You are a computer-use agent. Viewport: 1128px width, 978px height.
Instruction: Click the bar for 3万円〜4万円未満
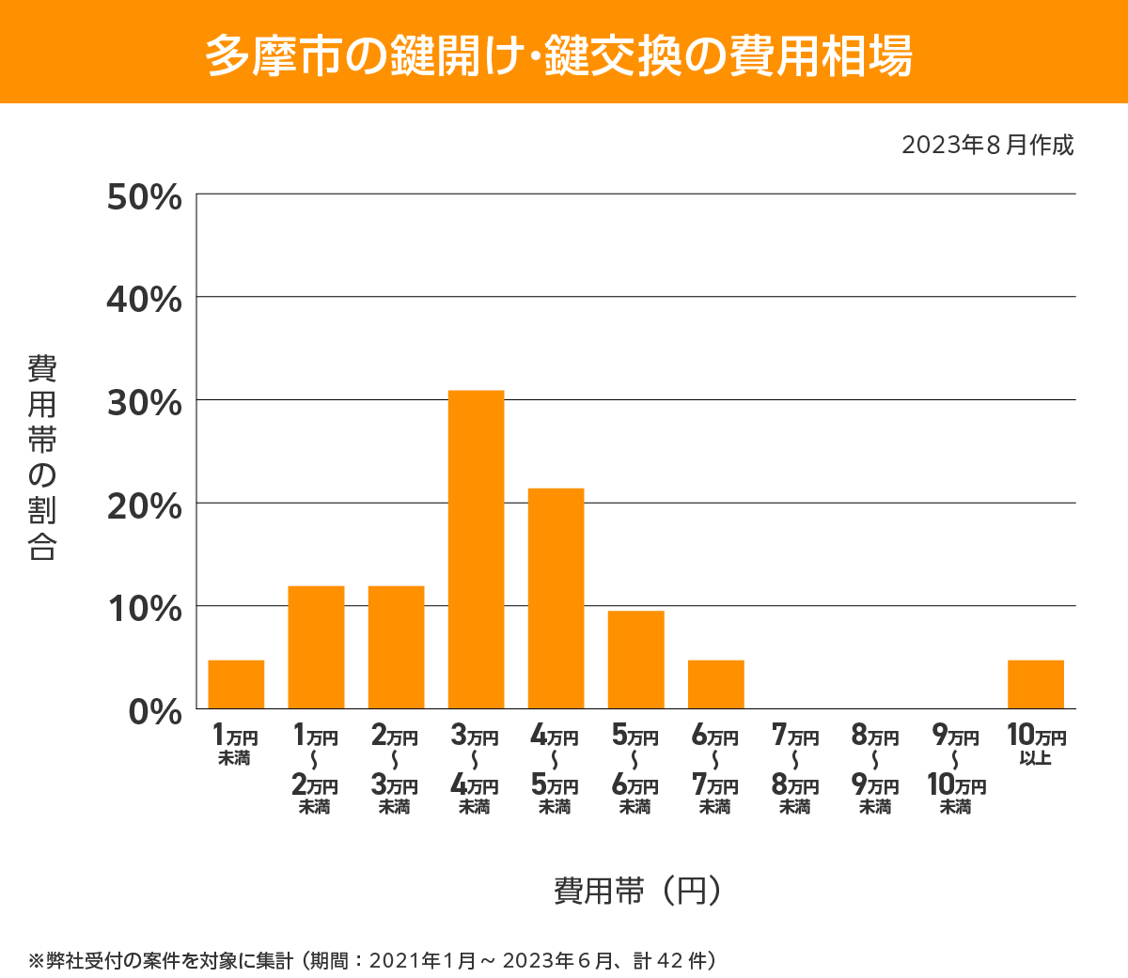click(x=476, y=550)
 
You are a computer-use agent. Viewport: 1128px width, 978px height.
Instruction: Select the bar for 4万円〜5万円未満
click(x=556, y=598)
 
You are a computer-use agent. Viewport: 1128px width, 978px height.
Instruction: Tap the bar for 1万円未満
click(x=236, y=684)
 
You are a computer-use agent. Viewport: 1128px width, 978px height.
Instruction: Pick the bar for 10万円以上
click(x=1035, y=684)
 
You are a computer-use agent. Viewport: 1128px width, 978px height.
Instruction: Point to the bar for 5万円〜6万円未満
click(x=635, y=660)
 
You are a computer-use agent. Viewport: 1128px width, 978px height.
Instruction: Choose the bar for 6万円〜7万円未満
click(x=715, y=684)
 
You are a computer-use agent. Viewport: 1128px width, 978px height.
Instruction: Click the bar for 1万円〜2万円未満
click(x=316, y=647)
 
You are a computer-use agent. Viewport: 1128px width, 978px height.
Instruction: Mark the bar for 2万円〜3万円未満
click(x=396, y=647)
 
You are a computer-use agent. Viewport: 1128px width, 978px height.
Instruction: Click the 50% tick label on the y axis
click(x=144, y=197)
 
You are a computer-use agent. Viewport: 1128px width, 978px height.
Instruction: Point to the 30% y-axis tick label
click(x=144, y=403)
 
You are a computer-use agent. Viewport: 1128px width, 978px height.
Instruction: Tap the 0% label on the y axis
click(x=155, y=711)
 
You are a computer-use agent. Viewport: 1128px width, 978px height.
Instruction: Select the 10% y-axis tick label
click(x=144, y=609)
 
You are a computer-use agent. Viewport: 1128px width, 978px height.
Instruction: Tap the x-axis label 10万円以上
click(x=1036, y=744)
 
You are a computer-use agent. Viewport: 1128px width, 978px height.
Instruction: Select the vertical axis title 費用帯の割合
click(x=42, y=457)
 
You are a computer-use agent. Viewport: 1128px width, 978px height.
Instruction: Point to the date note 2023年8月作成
click(x=987, y=146)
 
